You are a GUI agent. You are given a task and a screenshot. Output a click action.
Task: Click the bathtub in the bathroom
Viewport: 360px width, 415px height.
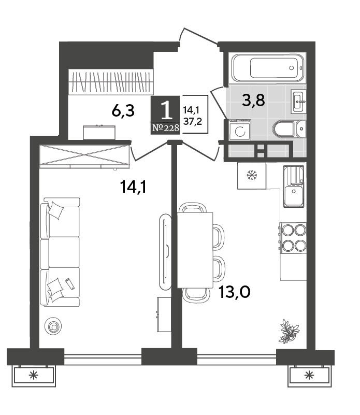(x=267, y=68)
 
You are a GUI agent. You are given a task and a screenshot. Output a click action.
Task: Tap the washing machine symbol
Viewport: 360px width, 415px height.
(x=240, y=130)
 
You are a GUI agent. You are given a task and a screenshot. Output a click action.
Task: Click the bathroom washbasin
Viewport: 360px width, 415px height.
(x=298, y=102)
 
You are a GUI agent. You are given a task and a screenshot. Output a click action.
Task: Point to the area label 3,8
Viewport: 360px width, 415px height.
(x=253, y=101)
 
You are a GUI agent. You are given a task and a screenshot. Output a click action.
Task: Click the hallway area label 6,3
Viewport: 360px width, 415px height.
(x=123, y=111)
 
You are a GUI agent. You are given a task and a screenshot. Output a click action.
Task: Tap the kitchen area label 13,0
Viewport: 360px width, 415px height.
(x=234, y=292)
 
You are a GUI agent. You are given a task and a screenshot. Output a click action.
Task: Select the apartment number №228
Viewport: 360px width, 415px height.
(x=166, y=128)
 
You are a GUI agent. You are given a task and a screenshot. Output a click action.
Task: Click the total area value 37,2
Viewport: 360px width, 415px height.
(x=193, y=121)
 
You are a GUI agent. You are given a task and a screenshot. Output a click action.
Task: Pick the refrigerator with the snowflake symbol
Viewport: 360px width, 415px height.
(x=252, y=176)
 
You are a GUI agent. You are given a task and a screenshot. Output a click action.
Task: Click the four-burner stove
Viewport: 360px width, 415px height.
(x=293, y=237)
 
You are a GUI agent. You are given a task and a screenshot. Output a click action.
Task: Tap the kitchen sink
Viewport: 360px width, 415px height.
(x=294, y=187)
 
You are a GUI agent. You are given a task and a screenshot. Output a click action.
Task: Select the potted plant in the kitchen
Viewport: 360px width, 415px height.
(x=289, y=332)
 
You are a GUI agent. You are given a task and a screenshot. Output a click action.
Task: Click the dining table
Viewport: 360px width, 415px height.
(x=195, y=250)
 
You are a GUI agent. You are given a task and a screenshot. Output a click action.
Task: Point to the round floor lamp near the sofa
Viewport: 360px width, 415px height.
(x=53, y=326)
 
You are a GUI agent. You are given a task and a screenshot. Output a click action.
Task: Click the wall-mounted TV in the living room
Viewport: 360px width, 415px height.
(x=165, y=252)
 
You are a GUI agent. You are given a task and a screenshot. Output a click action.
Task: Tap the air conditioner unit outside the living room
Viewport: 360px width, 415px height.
(x=34, y=375)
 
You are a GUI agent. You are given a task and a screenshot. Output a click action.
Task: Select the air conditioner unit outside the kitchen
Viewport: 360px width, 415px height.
(x=309, y=375)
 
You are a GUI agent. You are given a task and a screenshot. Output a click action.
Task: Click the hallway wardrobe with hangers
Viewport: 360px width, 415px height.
(x=111, y=82)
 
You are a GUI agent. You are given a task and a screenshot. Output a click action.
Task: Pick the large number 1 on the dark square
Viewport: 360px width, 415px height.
(x=166, y=111)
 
